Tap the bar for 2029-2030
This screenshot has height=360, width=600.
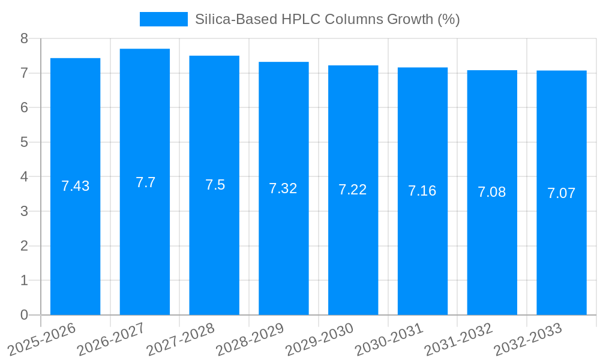(353, 240)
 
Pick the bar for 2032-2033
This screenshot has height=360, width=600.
(561, 240)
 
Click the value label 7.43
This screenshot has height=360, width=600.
(75, 186)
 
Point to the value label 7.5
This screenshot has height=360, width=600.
(215, 185)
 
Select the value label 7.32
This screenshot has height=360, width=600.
(283, 188)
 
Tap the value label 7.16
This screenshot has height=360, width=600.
(422, 191)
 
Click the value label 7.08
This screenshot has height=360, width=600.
(491, 192)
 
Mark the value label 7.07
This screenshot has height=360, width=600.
(561, 193)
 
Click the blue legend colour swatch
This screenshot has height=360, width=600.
(163, 19)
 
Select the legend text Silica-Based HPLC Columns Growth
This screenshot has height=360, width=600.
(327, 19)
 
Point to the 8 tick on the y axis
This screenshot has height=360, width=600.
(24, 38)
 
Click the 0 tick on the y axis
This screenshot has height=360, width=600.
(24, 315)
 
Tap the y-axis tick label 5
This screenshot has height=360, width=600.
(24, 142)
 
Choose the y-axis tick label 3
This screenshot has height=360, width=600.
(24, 211)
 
